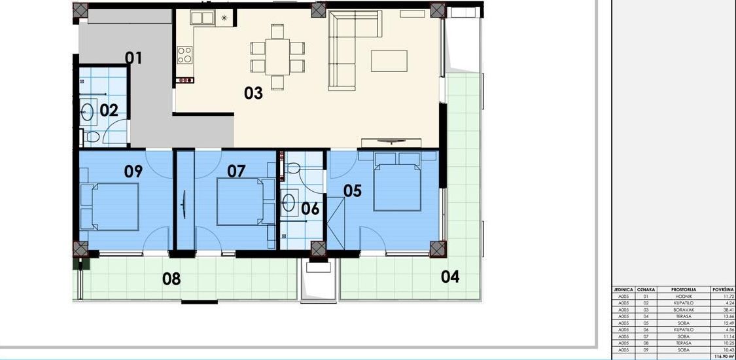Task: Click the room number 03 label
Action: pos(253,94)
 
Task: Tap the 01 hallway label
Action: pos(133,58)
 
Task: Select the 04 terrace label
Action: pos(449,277)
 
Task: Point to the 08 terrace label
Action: pos(171,279)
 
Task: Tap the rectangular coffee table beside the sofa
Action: pos(389,61)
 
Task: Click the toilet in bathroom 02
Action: pos(92,137)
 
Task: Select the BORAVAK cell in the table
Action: pos(683,310)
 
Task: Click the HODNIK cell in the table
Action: pos(683,296)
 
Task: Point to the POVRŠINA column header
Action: pos(723,289)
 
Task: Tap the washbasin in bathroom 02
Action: pos(88,113)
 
